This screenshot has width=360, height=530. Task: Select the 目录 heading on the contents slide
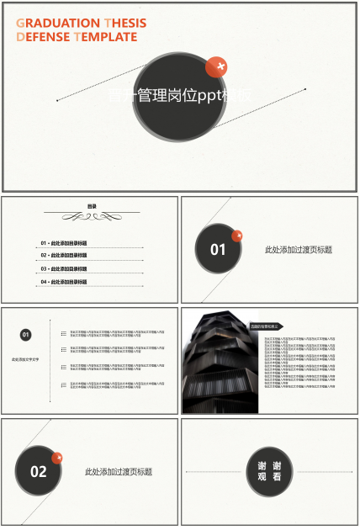tap(92, 206)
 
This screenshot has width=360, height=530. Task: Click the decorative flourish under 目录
tap(92, 216)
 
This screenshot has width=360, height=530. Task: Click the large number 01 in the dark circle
tap(218, 250)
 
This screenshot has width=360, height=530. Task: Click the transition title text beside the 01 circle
tap(298, 250)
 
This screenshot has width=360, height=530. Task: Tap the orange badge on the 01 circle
tap(237, 236)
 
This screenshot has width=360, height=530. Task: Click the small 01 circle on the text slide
tap(26, 335)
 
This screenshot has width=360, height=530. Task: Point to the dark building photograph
tap(214, 363)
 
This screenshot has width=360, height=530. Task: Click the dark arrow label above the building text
tap(265, 326)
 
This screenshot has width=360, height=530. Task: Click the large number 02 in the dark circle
tap(39, 472)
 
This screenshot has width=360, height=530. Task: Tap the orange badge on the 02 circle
tap(57, 458)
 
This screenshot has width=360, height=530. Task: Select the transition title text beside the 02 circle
tap(119, 472)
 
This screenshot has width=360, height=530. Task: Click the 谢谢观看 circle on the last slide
tap(269, 471)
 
